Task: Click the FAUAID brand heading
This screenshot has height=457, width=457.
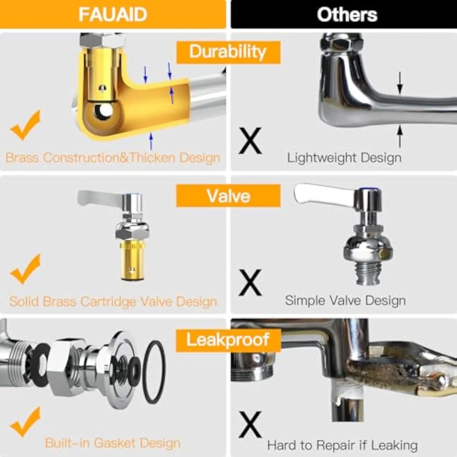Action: [113, 14]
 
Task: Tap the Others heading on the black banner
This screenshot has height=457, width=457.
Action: [347, 15]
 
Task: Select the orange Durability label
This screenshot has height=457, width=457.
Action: [228, 52]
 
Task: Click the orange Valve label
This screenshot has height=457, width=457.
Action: [228, 196]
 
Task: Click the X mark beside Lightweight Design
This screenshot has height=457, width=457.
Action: [250, 140]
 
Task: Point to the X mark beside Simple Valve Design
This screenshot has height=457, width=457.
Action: [250, 282]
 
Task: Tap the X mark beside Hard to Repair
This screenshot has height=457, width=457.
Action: [250, 424]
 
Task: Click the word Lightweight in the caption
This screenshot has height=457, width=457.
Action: [322, 158]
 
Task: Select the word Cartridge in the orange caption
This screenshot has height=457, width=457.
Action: [108, 302]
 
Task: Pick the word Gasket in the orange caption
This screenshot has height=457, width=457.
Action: [115, 443]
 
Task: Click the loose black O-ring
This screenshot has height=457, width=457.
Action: [154, 372]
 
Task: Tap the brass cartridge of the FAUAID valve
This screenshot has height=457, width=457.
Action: [132, 260]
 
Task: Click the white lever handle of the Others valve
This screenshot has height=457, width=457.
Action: [323, 194]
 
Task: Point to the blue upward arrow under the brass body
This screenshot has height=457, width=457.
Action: [151, 141]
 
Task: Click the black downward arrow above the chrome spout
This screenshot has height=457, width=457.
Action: [400, 83]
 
